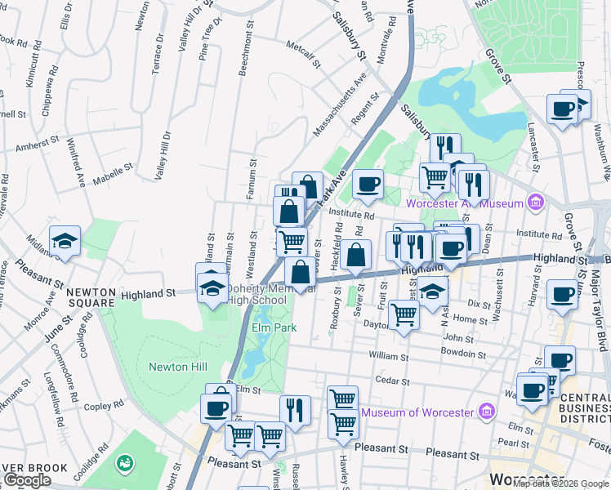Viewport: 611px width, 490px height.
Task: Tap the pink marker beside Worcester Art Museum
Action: [536, 202]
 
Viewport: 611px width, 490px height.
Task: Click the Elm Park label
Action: [272, 328]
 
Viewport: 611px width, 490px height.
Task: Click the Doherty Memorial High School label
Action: [256, 294]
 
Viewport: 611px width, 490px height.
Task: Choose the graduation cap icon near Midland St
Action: [65, 241]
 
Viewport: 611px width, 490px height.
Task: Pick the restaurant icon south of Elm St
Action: [295, 409]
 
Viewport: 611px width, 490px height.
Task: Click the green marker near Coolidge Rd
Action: [125, 464]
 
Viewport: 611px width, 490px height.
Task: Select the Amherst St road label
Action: [38, 144]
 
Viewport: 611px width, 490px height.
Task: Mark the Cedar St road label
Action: [391, 380]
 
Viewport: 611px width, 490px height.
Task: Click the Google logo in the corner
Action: [27, 481]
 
